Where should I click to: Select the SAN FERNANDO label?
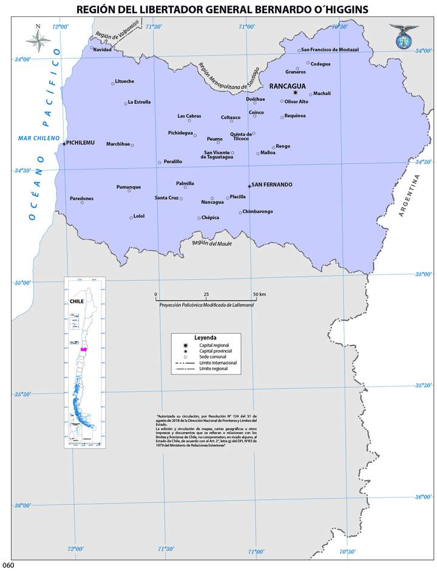click(271, 184)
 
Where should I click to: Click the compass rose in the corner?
click(38, 39)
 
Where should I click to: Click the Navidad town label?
click(103, 49)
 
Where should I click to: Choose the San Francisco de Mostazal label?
click(330, 49)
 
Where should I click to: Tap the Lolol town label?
click(139, 216)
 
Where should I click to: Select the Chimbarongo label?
click(258, 211)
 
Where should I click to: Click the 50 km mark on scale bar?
click(259, 294)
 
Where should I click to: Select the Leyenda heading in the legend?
click(205, 337)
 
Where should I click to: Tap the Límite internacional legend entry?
click(217, 362)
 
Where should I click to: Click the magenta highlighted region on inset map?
click(84, 350)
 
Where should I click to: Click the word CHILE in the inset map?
click(76, 300)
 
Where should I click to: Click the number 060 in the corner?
click(8, 566)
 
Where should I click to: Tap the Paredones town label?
click(82, 198)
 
